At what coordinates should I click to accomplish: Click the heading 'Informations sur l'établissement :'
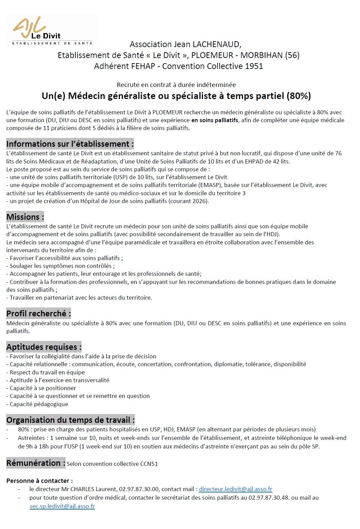pyautogui.click(x=70, y=144)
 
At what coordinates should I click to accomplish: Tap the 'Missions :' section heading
pyautogui.click(x=25, y=217)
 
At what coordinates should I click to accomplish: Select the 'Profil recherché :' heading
pyautogui.click(x=39, y=313)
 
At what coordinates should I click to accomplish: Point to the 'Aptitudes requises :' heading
pyautogui.click(x=44, y=347)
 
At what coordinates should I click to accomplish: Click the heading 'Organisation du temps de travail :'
pyautogui.click(x=71, y=420)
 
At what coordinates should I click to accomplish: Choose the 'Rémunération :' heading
pyautogui.click(x=36, y=463)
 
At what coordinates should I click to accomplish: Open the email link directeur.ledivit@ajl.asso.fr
pyautogui.click(x=235, y=489)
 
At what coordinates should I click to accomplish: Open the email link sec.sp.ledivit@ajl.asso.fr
pyautogui.click(x=62, y=506)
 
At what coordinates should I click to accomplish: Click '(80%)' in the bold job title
pyautogui.click(x=299, y=96)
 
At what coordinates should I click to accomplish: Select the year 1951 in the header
pyautogui.click(x=254, y=66)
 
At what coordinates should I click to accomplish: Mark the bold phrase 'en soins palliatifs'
pyautogui.click(x=214, y=120)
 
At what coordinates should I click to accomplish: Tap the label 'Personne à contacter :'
pyautogui.click(x=40, y=481)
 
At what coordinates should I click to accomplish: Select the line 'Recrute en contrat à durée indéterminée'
pyautogui.click(x=176, y=85)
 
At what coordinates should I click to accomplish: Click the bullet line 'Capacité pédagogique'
pyautogui.click(x=39, y=404)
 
